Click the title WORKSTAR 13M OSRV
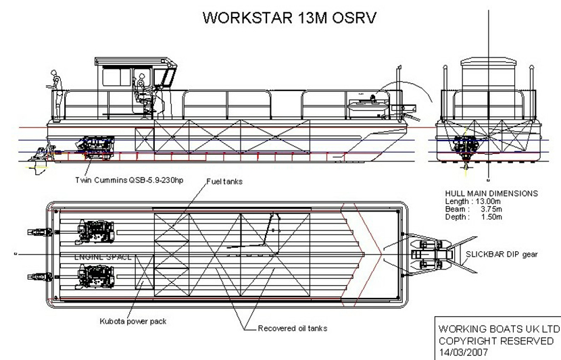pos(287,18)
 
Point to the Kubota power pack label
pos(134,322)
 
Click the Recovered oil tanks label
pos(293,328)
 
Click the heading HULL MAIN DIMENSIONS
pos(491,193)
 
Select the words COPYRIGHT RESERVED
pos(495,341)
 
